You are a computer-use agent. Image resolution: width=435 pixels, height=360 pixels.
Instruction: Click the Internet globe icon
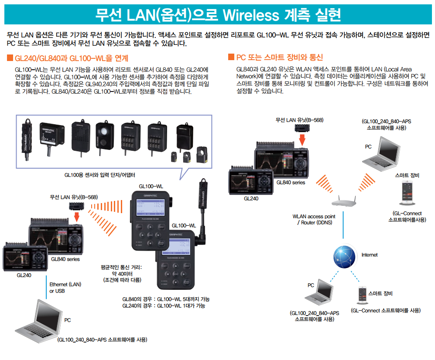pyautogui.click(x=343, y=255)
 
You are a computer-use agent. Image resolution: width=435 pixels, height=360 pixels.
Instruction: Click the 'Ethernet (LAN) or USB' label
pyautogui.click(x=65, y=287)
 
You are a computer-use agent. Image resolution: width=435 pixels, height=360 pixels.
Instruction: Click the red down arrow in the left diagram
pyautogui.click(x=76, y=216)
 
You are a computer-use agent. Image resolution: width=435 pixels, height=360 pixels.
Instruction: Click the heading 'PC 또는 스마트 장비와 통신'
pyautogui.click(x=279, y=58)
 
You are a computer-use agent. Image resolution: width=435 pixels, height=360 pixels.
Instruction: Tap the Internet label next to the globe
pyautogui.click(x=369, y=255)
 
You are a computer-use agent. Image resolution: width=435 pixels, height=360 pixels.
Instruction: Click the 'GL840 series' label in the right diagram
pyautogui.click(x=291, y=183)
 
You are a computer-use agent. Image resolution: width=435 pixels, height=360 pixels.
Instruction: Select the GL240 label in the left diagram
pyautogui.click(x=24, y=275)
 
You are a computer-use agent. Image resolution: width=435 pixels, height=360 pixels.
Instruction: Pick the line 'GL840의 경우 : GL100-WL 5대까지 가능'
pyautogui.click(x=166, y=299)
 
